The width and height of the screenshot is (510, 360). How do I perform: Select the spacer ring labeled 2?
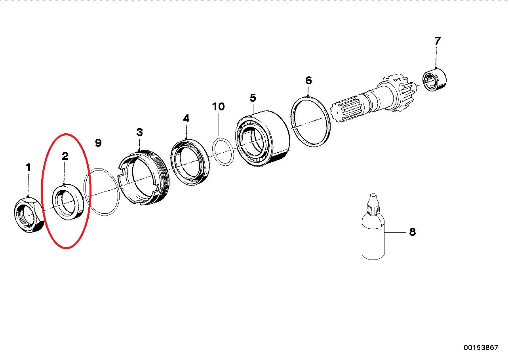pos(68,202)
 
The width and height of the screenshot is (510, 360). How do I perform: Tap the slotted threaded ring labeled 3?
pos(144,178)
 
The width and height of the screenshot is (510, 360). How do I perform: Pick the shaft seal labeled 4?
pos(190,162)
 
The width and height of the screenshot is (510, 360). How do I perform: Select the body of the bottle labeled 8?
pos(373,237)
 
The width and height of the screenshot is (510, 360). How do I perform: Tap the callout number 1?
pos(28,168)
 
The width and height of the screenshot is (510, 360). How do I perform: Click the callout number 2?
pos(65,156)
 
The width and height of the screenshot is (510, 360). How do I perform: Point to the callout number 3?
pos(139,132)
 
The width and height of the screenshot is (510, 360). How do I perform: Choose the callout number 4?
pos(186,118)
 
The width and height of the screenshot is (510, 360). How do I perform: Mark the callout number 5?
pos(253,98)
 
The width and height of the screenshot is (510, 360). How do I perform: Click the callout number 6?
pos(308,81)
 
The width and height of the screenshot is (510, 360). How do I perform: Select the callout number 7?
pos(437,41)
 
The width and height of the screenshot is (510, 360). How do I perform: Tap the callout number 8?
pos(412,232)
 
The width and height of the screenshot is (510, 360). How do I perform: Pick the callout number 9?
pos(98,143)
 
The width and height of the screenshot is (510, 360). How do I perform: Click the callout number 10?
pos(218,106)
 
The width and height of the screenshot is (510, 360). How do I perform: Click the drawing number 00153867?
pos(481,348)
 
